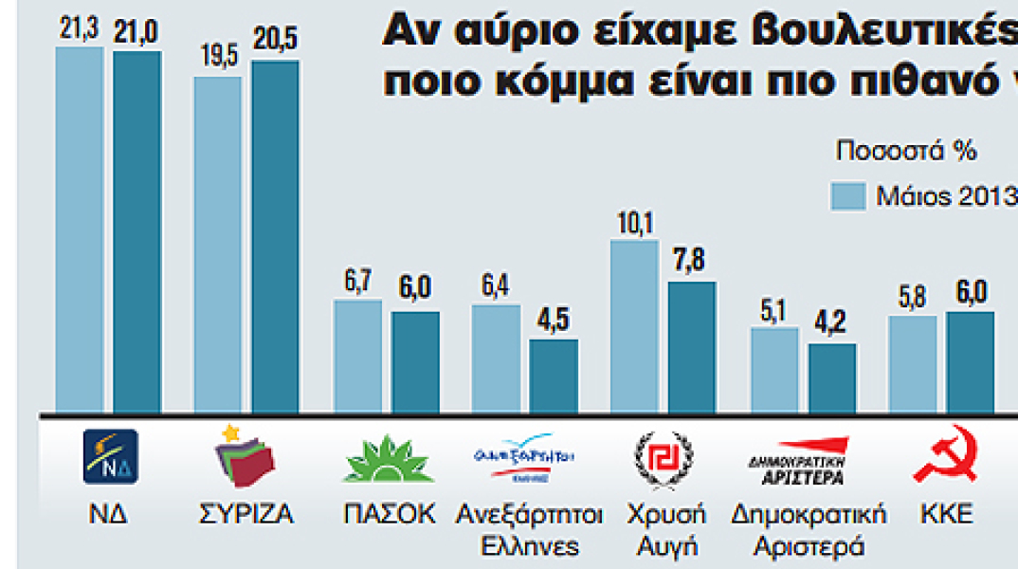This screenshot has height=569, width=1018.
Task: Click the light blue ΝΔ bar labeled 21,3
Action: [80, 230]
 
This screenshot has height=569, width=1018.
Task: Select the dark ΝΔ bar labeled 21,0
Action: [137, 232]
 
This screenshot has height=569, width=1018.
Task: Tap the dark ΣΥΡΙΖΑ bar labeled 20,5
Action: [276, 237]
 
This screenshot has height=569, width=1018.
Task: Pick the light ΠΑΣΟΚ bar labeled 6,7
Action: [357, 357]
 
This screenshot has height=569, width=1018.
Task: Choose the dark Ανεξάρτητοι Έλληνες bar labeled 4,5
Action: [554, 376]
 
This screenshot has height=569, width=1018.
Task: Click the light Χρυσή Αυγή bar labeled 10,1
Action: [634, 327]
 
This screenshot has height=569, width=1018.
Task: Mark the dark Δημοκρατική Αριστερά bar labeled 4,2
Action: [832, 378]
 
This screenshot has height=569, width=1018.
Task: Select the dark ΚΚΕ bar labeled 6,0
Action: [971, 362]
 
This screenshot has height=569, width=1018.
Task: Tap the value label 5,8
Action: [912, 298]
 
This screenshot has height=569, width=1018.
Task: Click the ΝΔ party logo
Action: [111, 457]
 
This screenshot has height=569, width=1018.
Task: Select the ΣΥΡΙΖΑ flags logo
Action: [246, 459]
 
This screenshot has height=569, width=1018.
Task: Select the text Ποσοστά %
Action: [906, 151]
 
